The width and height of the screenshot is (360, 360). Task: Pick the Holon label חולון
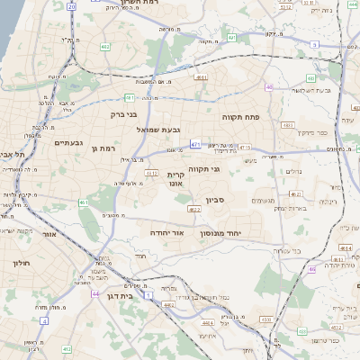tap(22, 263)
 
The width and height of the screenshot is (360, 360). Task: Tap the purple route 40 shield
tap(269, 86)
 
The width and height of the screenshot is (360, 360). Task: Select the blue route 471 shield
tap(195, 143)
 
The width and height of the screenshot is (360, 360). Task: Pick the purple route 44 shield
tap(95, 293)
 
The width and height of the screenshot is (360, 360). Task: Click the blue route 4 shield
tap(44, 319)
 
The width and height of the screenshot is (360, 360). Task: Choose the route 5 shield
tap(314, 43)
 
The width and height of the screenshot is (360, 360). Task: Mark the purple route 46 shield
tap(311, 269)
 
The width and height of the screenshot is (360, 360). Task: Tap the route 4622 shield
tap(194, 209)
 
